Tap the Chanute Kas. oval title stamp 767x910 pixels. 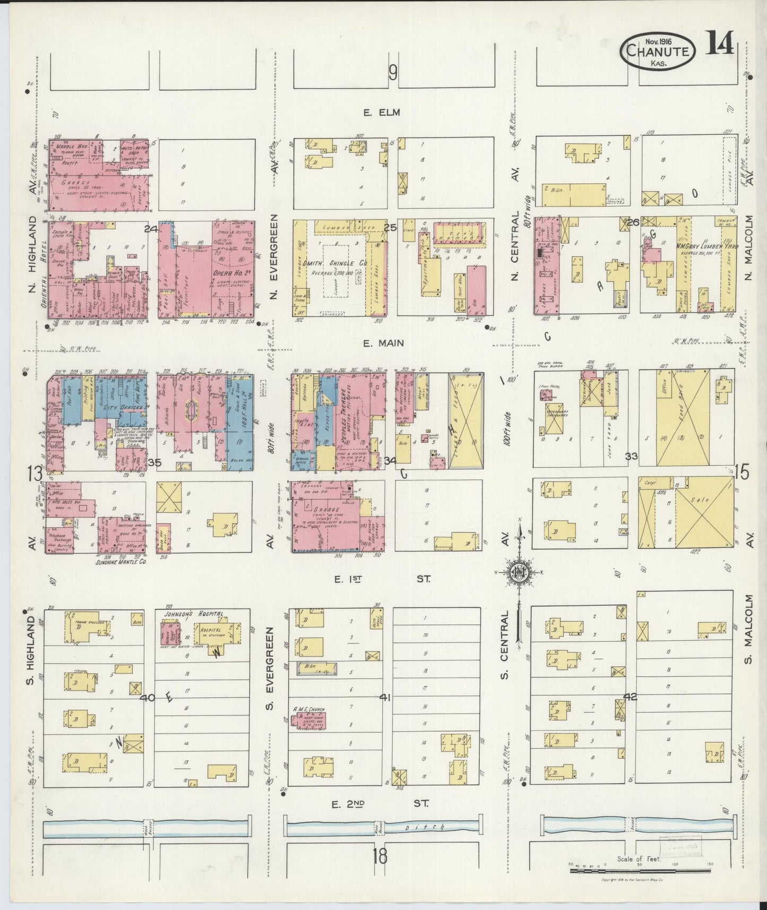658,51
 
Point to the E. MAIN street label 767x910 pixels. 383,344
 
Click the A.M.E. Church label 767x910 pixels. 308,709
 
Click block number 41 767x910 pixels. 385,698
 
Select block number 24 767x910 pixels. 151,229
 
